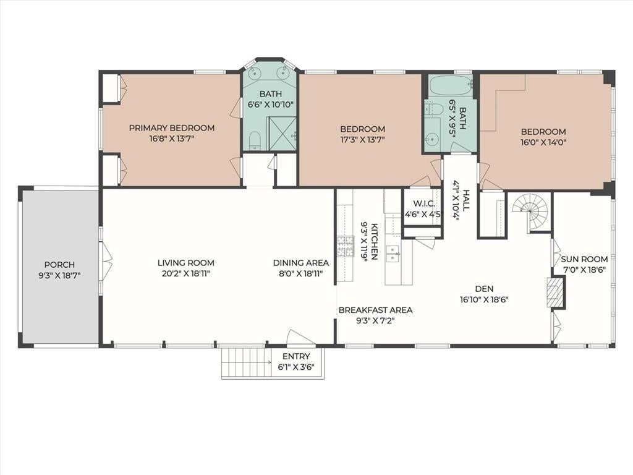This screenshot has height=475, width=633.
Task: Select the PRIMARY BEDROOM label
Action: (172, 128)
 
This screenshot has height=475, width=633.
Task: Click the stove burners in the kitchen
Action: (345, 247)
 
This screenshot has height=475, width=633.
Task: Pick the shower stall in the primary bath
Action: (283, 134)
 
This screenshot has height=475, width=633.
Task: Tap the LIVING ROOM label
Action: (185, 263)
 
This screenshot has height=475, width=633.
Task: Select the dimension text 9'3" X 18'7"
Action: (59, 276)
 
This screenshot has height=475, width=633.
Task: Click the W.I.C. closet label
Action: (424, 203)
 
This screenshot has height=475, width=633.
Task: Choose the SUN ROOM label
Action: (584, 259)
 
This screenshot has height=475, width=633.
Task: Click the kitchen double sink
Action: (393, 254)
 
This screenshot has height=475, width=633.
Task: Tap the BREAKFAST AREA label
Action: (375, 310)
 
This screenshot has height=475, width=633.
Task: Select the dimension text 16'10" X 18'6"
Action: (484, 300)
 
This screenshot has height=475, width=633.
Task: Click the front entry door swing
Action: (297, 337)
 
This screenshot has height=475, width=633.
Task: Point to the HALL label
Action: (466, 201)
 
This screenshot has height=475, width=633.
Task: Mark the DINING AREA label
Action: (301, 263)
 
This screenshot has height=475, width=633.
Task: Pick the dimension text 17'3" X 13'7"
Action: (362, 140)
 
